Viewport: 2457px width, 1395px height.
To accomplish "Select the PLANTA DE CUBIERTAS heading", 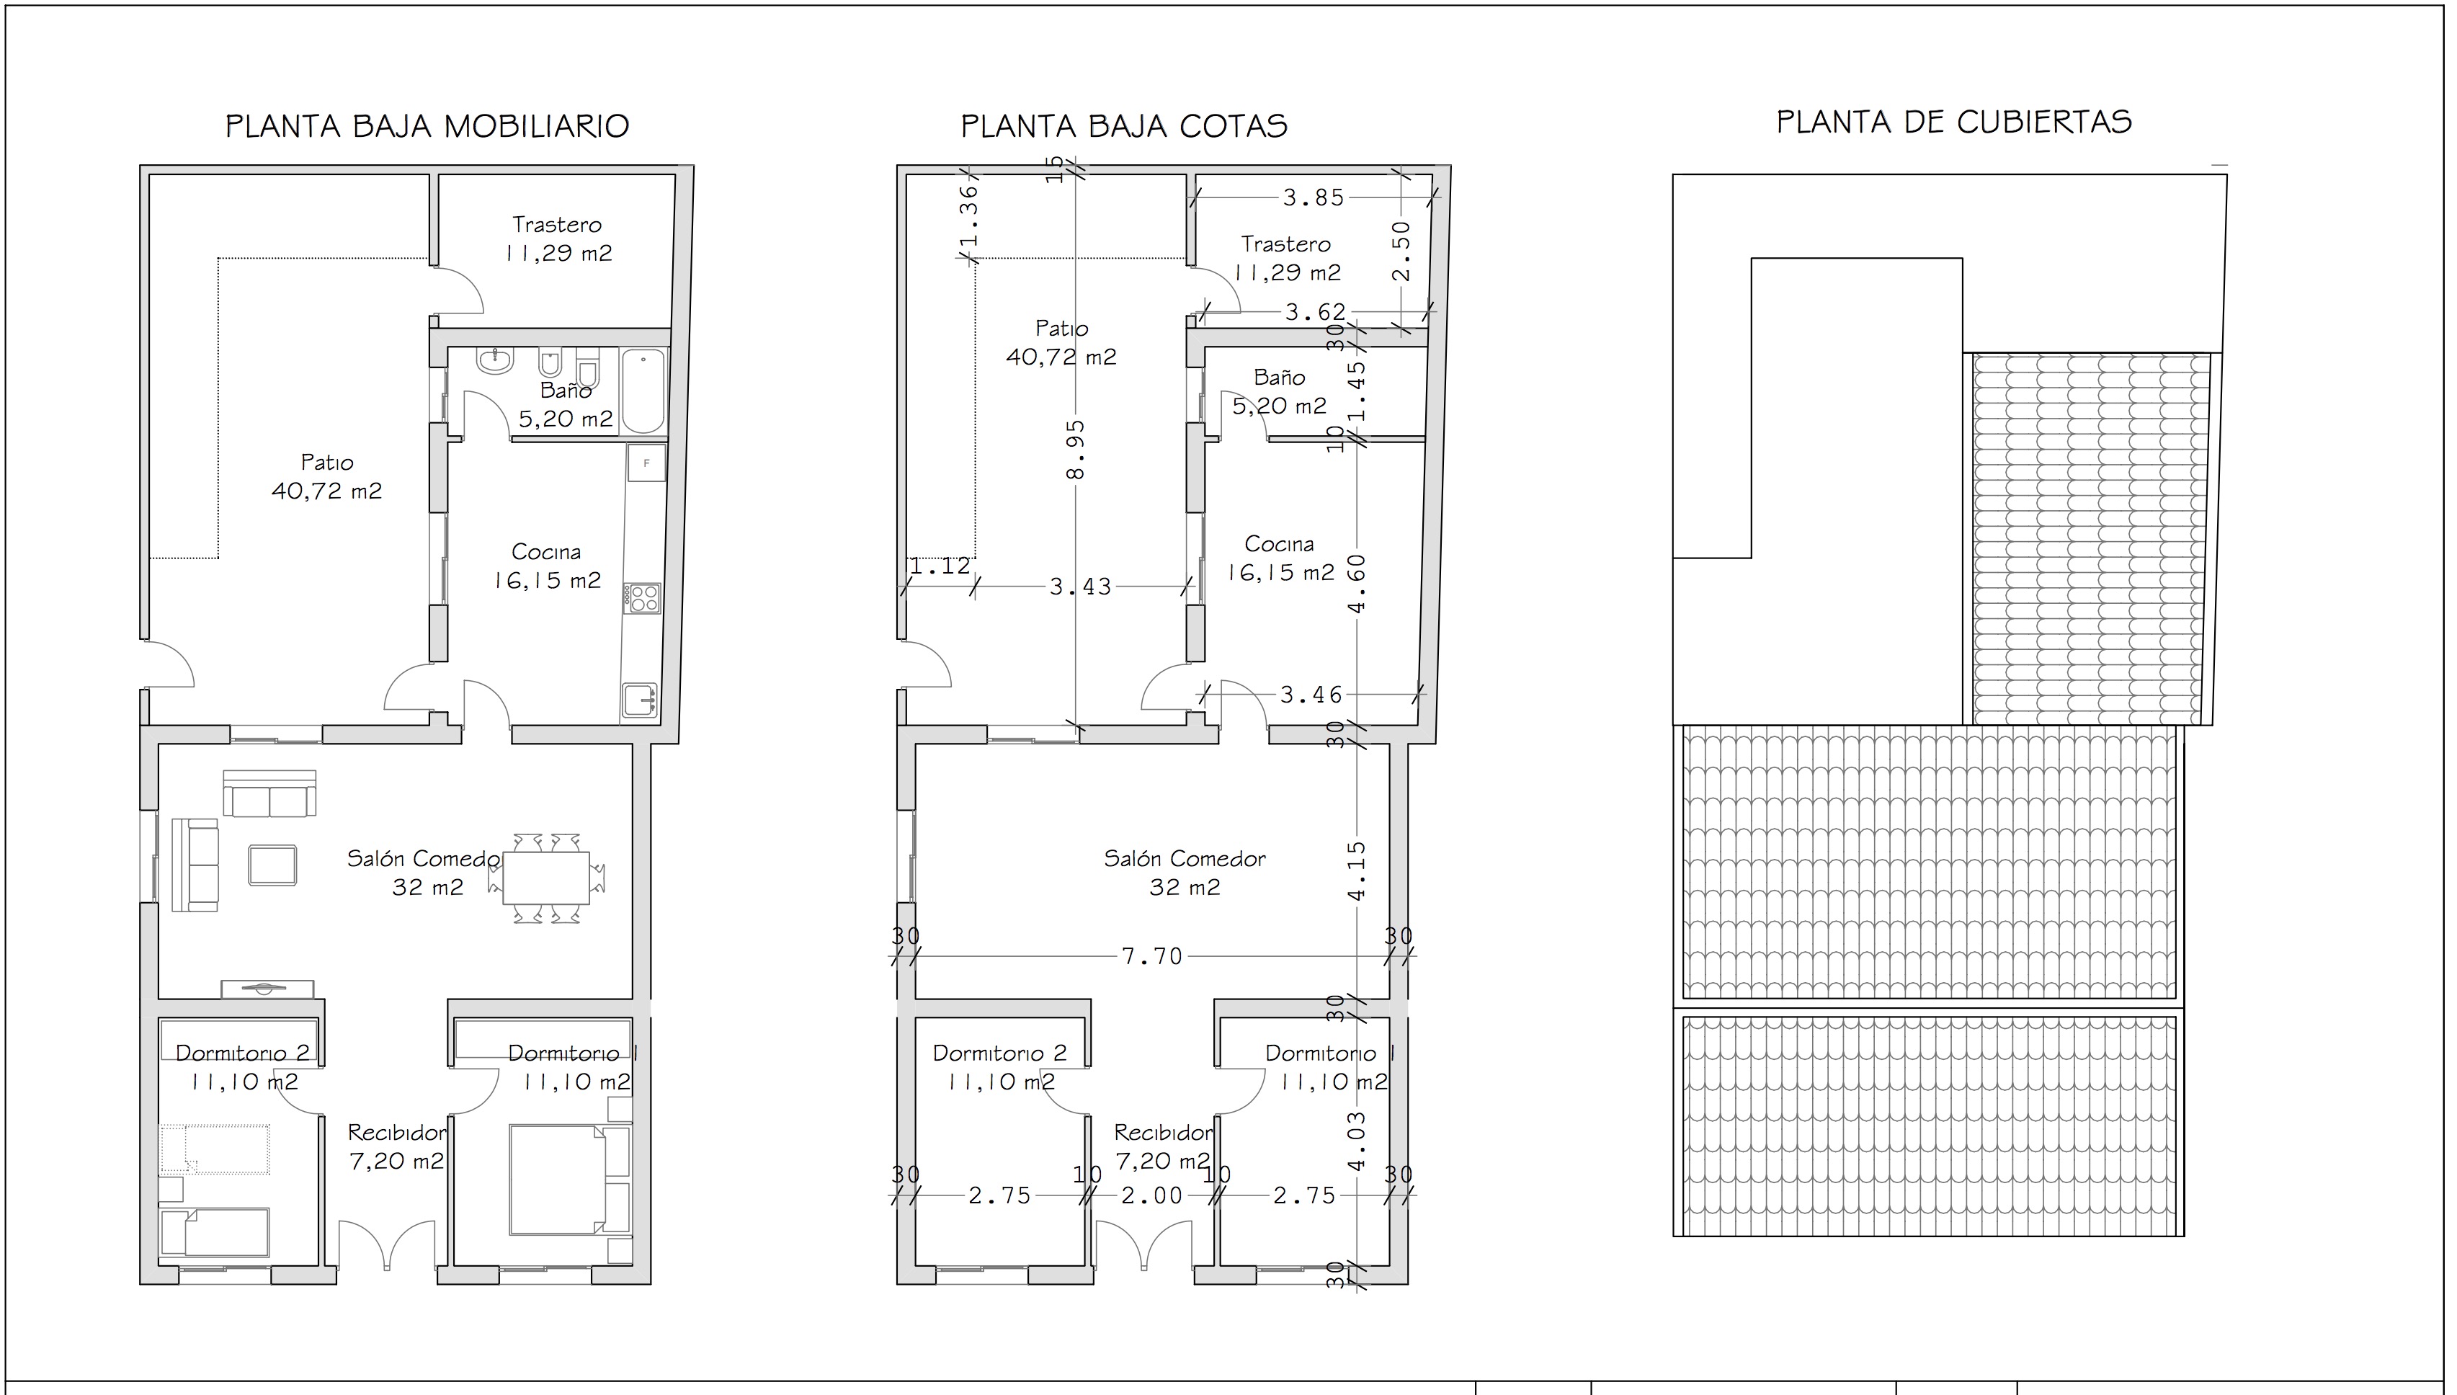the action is [1954, 122].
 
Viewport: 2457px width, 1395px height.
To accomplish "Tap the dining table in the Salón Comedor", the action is [546, 878].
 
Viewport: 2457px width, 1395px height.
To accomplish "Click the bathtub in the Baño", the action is [643, 391].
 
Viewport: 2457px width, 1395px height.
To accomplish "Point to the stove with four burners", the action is [643, 599].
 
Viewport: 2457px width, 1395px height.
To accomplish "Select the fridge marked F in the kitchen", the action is [646, 463].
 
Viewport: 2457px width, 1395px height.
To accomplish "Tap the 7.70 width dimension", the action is [1152, 956].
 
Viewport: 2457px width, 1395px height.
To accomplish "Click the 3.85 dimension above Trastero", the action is [1314, 197].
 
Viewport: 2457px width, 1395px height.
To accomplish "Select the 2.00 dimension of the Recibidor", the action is [1152, 1195].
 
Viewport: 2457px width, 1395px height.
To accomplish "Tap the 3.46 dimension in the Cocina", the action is [1312, 695].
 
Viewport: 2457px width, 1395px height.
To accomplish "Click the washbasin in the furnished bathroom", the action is [495, 361].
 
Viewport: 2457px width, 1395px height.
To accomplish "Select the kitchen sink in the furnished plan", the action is [640, 700].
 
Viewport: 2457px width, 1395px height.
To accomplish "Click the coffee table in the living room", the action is [272, 865].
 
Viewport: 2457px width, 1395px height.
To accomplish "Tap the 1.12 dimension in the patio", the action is [941, 566].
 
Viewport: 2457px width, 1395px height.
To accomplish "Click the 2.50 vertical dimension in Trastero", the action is [1401, 251].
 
